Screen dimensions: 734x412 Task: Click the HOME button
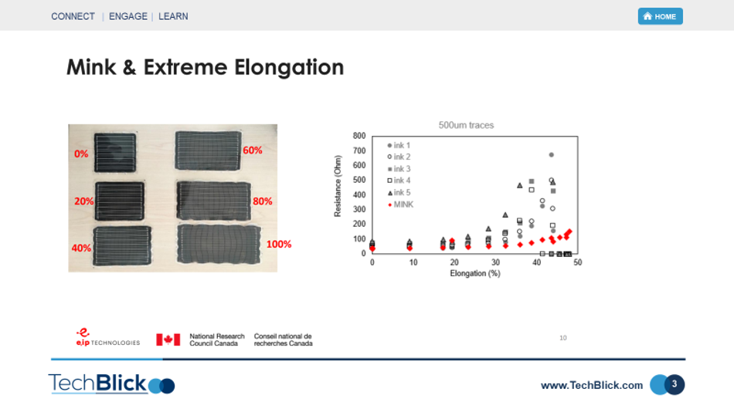pyautogui.click(x=660, y=16)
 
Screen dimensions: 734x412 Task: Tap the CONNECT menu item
pyautogui.click(x=73, y=16)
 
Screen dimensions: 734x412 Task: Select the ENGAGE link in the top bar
pyautogui.click(x=127, y=16)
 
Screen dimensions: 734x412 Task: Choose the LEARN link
pyautogui.click(x=173, y=16)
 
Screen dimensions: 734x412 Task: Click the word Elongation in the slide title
pyautogui.click(x=289, y=67)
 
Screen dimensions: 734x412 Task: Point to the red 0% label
pyautogui.click(x=81, y=154)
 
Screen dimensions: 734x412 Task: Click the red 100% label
pyautogui.click(x=279, y=244)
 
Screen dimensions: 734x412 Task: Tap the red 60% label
pyautogui.click(x=253, y=150)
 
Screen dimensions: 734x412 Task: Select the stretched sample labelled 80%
pyautogui.click(x=214, y=201)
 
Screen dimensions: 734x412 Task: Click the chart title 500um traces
pyautogui.click(x=466, y=125)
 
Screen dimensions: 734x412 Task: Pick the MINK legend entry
pyautogui.click(x=401, y=204)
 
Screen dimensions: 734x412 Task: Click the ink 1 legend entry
pyautogui.click(x=399, y=146)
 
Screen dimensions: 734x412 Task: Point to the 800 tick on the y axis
pyautogui.click(x=359, y=136)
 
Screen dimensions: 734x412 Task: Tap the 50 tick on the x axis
pyautogui.click(x=578, y=262)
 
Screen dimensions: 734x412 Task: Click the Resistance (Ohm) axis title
pyautogui.click(x=338, y=186)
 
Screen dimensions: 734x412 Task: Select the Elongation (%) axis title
pyautogui.click(x=475, y=273)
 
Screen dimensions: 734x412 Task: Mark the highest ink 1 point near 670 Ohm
pyautogui.click(x=552, y=155)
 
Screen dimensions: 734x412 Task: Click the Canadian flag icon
pyautogui.click(x=168, y=339)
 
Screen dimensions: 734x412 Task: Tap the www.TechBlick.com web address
pyautogui.click(x=592, y=385)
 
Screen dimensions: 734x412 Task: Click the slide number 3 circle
pyautogui.click(x=675, y=384)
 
